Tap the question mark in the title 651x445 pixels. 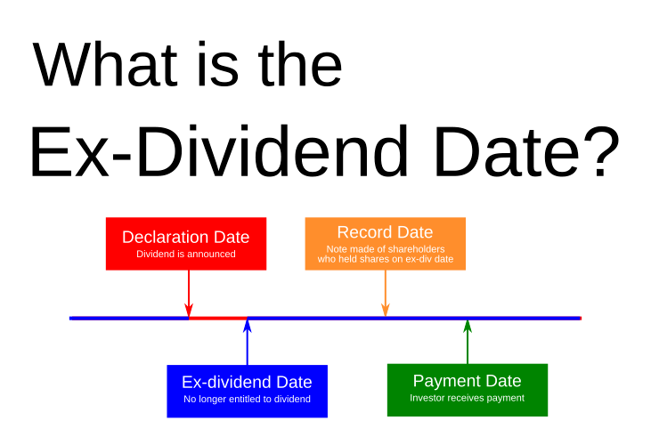(593, 153)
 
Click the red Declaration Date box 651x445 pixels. (185, 243)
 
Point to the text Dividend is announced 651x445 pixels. (185, 254)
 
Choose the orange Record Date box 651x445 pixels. (385, 243)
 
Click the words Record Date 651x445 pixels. (385, 233)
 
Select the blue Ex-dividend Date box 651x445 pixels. (247, 391)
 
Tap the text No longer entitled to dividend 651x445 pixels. (247, 399)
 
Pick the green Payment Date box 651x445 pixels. (467, 390)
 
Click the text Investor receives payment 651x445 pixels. (467, 398)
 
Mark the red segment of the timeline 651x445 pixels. (218, 318)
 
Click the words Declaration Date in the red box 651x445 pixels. (185, 238)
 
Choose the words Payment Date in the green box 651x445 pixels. (467, 381)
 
